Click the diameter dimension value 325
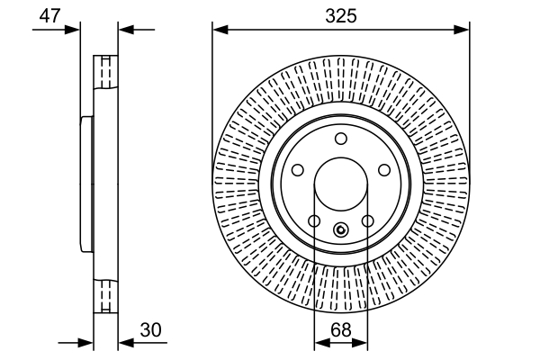341,15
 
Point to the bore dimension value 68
341,330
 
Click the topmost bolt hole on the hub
341,139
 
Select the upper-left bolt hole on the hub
298,169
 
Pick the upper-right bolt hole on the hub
384,169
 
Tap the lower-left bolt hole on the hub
314,220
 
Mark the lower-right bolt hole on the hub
367,220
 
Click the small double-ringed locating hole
340,229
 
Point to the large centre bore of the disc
341,184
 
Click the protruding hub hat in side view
86,184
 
